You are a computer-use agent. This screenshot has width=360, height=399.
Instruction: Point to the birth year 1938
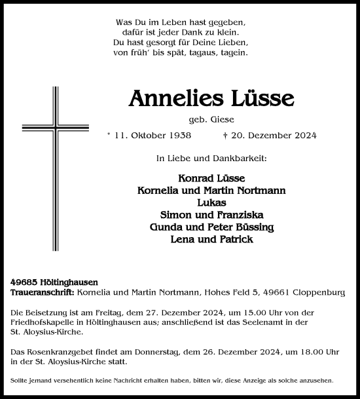tap(160, 136)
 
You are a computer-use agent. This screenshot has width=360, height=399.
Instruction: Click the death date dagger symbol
tap(225, 136)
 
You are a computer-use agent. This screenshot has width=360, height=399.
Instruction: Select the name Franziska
tap(235, 215)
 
